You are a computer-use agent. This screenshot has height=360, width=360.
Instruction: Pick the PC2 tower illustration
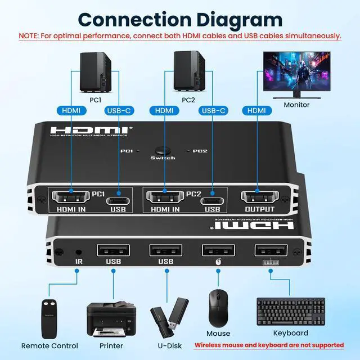click(x=188, y=72)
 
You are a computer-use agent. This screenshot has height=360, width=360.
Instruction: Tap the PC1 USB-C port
click(x=119, y=200)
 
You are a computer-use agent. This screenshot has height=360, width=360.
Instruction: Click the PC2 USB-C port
click(x=212, y=200)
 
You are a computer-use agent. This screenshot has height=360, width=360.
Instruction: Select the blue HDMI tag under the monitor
click(x=256, y=111)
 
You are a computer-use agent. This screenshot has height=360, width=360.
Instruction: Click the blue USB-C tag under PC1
click(x=118, y=111)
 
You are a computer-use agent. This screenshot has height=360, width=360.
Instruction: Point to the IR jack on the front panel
click(x=76, y=249)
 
